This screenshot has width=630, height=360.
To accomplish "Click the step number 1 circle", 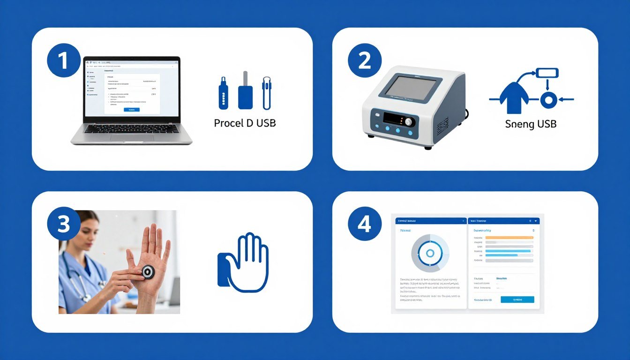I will click(x=63, y=61).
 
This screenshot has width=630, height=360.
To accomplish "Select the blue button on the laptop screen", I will click(x=131, y=109).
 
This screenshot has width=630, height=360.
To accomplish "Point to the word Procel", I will click(x=228, y=123).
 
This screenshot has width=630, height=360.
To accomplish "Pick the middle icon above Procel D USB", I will click(x=245, y=90).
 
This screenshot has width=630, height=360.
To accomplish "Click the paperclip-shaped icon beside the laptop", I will click(x=267, y=93).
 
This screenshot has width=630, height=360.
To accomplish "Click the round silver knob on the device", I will click(x=409, y=122).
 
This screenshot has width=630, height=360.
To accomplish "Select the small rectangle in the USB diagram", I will click(x=547, y=73).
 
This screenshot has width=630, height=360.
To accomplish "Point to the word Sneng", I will click(x=520, y=125).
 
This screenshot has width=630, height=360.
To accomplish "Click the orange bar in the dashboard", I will click(x=509, y=238).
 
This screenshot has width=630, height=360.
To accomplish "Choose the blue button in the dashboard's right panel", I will click(x=517, y=300).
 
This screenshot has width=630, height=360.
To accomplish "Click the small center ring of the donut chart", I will click(x=430, y=254).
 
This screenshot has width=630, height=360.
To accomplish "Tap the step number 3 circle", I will click(x=63, y=224).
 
